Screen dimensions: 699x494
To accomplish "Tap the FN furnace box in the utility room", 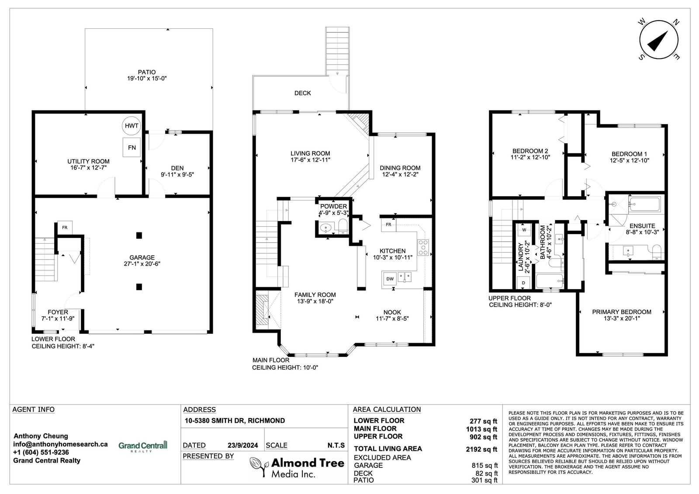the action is pos(131,147).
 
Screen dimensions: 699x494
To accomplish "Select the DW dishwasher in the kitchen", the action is pos(390,279).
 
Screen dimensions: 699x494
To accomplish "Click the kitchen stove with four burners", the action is pos(423,248).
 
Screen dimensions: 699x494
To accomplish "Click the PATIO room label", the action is pos(147,72).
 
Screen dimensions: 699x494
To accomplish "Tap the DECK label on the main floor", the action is pos(302,93).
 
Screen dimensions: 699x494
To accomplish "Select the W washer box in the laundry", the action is pos(524,230).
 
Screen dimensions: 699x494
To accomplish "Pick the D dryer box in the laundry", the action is pos(524,283).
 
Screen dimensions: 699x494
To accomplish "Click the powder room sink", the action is pos(326,228).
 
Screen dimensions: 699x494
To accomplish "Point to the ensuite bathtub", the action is pos(644,204).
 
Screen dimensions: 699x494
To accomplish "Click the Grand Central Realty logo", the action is pos(143,446).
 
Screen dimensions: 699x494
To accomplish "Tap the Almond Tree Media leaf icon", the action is pos(259,466).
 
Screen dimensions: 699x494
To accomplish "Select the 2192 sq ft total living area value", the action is pos(481,449).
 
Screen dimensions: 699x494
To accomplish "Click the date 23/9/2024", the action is pos(243,446).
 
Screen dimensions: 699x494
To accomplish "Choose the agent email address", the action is pos(60,444).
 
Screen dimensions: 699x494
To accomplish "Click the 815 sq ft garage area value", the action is pos(484,466).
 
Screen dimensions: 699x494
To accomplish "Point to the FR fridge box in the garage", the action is pos(65,228).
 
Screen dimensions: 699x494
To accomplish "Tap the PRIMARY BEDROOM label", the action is pos(622,312).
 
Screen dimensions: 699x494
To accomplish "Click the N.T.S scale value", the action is pos(336,446).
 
